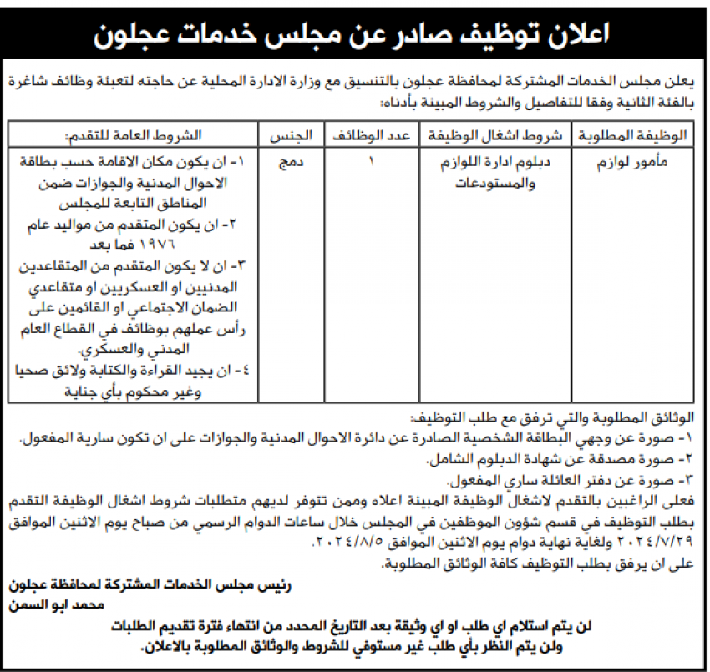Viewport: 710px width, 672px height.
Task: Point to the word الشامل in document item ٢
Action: [452, 460]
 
